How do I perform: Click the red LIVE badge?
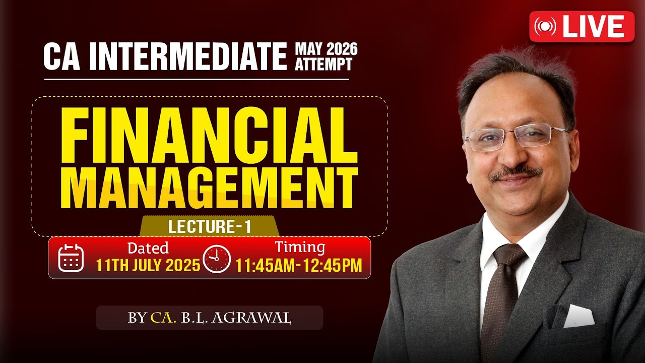coord(582,27)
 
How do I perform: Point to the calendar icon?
coord(71,258)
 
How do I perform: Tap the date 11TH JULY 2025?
coord(148,265)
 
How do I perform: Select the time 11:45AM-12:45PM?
coord(299,265)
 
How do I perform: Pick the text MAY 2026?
coord(326,49)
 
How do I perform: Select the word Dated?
coord(148,248)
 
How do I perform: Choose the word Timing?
coord(299,248)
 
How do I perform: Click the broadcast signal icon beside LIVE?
coord(545,27)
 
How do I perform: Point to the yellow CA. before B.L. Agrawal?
coord(163,318)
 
